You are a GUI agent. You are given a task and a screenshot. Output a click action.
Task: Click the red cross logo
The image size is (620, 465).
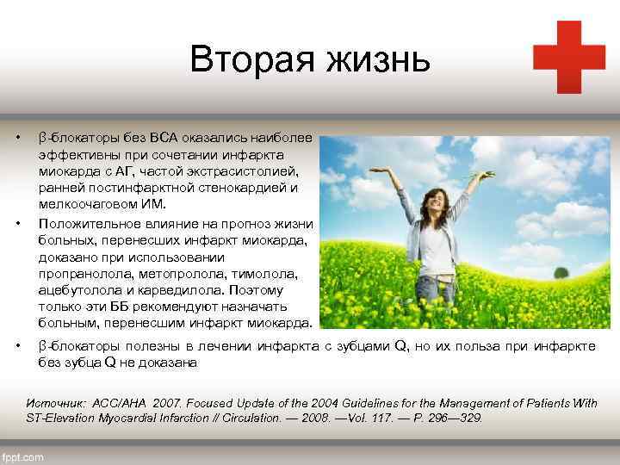[568, 57]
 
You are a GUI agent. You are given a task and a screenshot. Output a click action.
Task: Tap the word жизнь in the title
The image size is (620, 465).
[380, 59]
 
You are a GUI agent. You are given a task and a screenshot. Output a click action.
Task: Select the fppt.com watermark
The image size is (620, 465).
[23, 457]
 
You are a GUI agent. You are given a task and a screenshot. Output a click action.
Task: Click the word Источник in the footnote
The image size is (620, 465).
[56, 403]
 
